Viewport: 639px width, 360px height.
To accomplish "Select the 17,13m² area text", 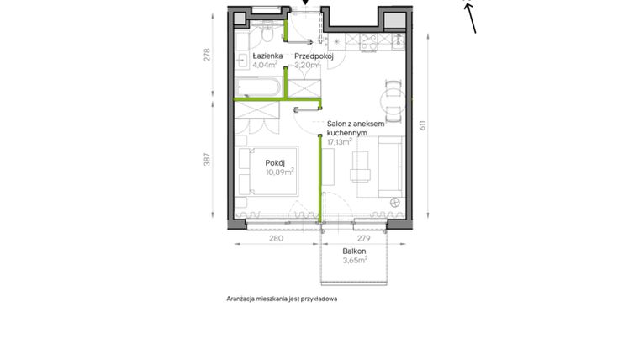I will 340,142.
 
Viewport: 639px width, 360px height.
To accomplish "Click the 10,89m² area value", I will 278,172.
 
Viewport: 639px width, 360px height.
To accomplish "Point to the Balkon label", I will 354,251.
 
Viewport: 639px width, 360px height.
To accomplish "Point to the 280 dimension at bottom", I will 276,239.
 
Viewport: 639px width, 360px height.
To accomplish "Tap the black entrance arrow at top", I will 305,3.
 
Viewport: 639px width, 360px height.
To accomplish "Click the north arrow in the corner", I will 470,15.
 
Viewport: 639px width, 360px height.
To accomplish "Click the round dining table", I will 392,100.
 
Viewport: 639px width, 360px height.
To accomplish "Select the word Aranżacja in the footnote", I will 244,299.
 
